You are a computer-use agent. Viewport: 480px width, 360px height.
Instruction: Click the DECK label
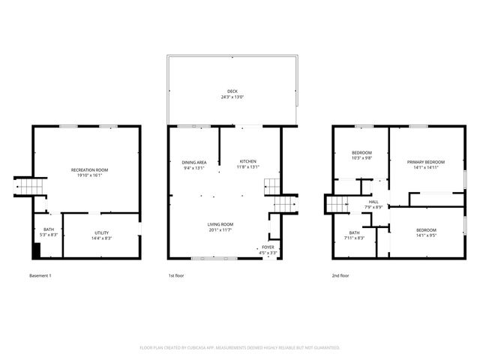(232, 91)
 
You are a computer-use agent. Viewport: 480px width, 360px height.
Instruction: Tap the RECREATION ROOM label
(89, 170)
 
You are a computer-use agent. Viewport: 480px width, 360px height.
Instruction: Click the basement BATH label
(49, 229)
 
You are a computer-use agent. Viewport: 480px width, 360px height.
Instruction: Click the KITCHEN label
(247, 162)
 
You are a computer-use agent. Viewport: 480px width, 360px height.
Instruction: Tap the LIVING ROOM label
(220, 224)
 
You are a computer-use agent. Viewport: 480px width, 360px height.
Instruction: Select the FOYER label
(268, 247)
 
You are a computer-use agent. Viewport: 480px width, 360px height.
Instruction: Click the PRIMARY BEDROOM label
(425, 162)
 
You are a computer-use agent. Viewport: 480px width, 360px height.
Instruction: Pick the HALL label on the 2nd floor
(373, 201)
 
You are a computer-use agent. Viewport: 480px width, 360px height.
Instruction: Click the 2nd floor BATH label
(354, 232)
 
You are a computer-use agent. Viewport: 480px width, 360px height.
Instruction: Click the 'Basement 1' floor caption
(40, 275)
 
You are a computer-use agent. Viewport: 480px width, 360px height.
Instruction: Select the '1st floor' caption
(176, 275)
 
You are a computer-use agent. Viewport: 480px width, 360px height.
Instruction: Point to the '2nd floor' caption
(340, 275)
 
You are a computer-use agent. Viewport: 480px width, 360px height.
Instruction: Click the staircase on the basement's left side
(31, 186)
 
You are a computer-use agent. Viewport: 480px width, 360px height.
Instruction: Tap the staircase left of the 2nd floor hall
(338, 203)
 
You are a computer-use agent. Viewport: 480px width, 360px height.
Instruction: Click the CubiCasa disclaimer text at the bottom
(240, 347)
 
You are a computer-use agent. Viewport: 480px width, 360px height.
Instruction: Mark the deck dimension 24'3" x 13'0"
(232, 97)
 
